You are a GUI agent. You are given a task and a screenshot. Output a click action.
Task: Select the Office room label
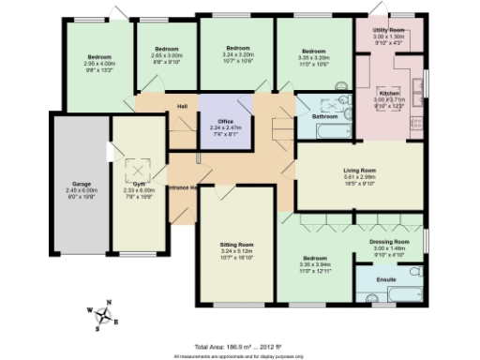[224, 121]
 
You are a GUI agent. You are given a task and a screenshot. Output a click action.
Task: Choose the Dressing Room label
[386, 242]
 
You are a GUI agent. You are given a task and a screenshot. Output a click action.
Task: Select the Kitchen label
[389, 94]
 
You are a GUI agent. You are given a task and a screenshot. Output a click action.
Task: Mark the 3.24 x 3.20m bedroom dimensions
[237, 58]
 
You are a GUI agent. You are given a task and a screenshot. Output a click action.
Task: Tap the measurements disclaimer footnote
[240, 356]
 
